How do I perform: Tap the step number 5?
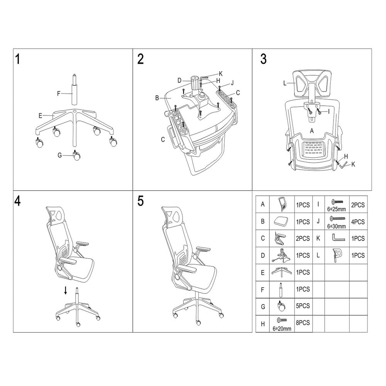(141, 201)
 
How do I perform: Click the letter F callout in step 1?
(59, 93)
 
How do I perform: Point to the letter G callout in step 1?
(59, 155)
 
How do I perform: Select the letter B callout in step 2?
(157, 98)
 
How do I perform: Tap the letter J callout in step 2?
(232, 83)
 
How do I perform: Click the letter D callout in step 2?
(179, 80)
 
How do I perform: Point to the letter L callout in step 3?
(284, 83)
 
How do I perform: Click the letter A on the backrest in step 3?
(312, 131)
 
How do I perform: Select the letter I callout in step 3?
(328, 112)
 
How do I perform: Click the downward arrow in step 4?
(66, 290)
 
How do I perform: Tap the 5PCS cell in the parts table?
(303, 306)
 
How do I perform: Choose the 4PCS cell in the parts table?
(358, 222)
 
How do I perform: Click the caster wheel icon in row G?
(281, 306)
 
